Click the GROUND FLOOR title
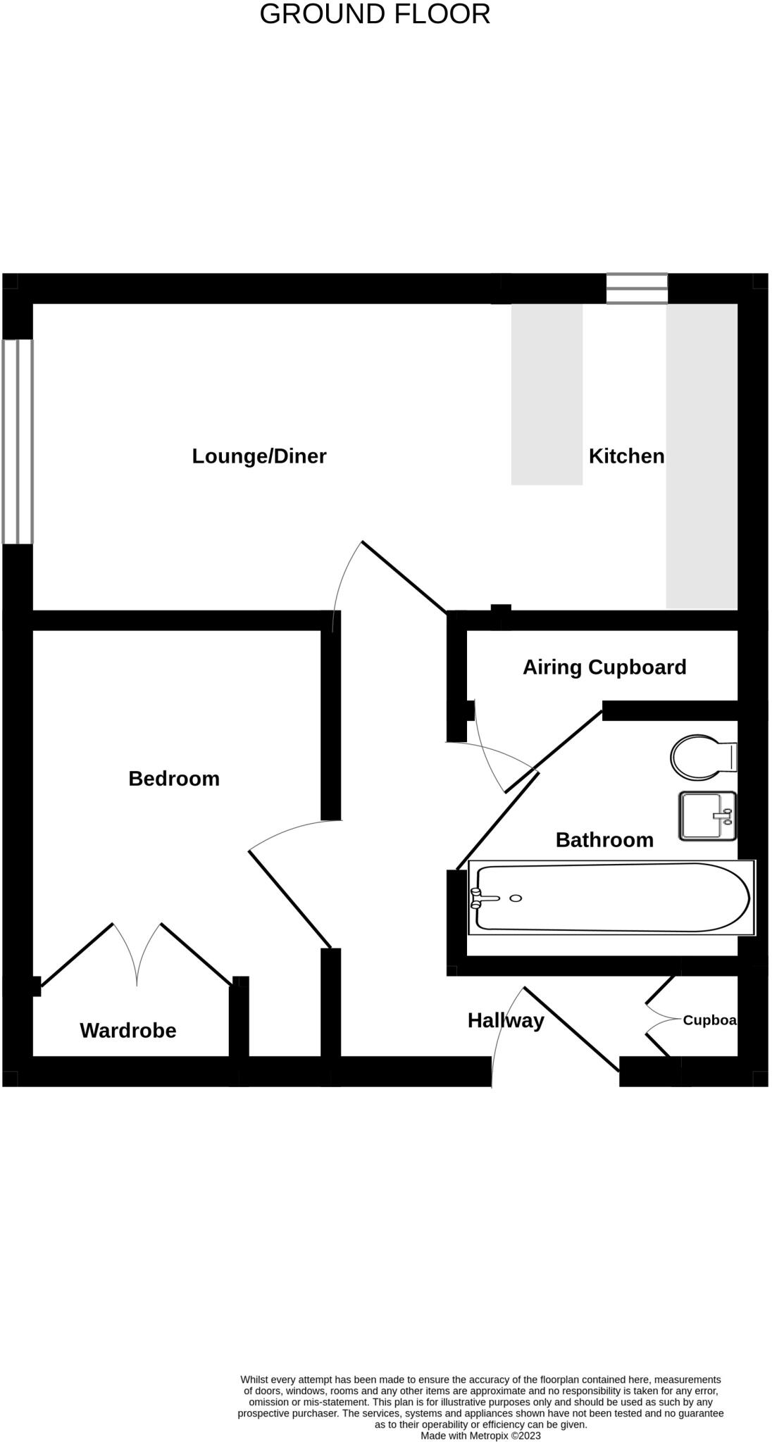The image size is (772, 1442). [x=375, y=15]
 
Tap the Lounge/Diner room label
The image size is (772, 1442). [x=259, y=456]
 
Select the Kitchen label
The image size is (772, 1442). [x=626, y=456]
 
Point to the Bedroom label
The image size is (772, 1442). [x=174, y=779]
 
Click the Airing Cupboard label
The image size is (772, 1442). [x=604, y=667]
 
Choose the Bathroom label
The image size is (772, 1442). [x=604, y=840]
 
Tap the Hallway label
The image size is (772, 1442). [x=506, y=1020]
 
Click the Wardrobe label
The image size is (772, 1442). [x=128, y=1031]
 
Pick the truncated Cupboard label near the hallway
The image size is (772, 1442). [x=709, y=1020]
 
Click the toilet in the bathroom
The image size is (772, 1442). [x=697, y=758]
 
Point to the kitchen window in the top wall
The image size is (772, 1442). [x=637, y=289]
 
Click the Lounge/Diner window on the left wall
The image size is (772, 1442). [x=18, y=441]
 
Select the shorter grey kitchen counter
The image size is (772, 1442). [x=547, y=394]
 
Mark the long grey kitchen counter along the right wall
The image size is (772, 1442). [x=702, y=456]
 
